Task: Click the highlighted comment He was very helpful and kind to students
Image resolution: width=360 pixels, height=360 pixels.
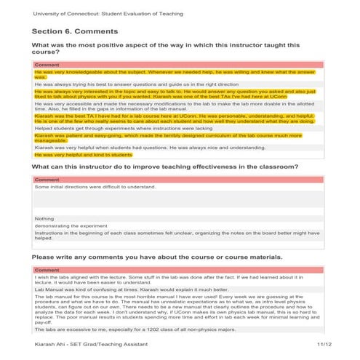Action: coord(83,155)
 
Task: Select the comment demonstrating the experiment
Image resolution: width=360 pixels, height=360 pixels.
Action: coord(70,225)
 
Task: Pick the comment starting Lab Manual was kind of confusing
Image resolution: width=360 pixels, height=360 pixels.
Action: coord(120,288)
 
